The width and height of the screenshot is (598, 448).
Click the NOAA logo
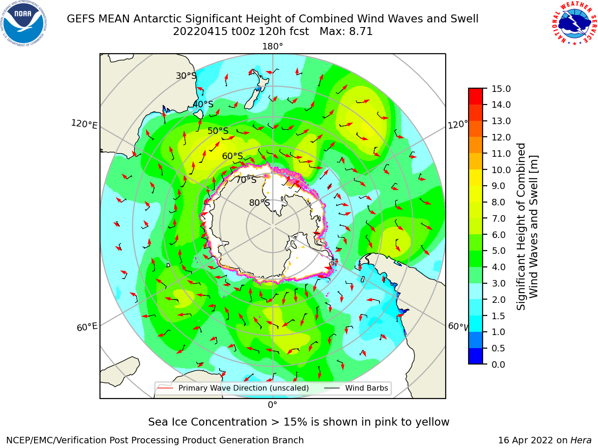pyautogui.click(x=24, y=23)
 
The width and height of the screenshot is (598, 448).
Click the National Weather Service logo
pyautogui.click(x=575, y=23)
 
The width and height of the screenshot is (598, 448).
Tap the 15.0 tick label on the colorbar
pyautogui.click(x=501, y=89)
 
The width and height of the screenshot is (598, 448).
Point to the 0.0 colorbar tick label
pyautogui.click(x=498, y=364)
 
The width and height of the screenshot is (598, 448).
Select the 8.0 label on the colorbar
pyautogui.click(x=498, y=202)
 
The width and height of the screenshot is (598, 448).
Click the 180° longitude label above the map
pyautogui.click(x=272, y=47)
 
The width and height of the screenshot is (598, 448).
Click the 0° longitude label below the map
pyautogui.click(x=272, y=405)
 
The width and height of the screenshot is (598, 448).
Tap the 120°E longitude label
pyautogui.click(x=84, y=124)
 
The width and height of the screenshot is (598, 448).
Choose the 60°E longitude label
pyautogui.click(x=87, y=327)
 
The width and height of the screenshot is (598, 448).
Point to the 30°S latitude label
pyautogui.click(x=186, y=76)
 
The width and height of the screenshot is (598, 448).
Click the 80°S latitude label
pyautogui.click(x=259, y=203)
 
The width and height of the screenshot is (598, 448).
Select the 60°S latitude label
pyautogui.click(x=232, y=156)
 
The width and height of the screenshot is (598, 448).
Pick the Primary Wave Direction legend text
pyautogui.click(x=243, y=388)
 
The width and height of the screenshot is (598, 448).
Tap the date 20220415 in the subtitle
pyautogui.click(x=200, y=32)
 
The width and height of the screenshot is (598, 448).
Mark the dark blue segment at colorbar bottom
pyautogui.click(x=476, y=356)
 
